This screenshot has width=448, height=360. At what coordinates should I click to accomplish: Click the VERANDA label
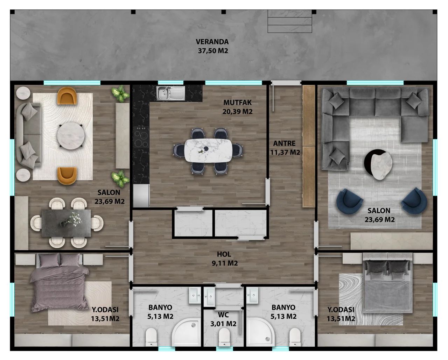point(212,42)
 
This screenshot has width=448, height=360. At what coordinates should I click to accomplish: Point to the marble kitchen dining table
point(208,150)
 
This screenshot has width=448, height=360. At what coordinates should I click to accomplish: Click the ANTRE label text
point(284,143)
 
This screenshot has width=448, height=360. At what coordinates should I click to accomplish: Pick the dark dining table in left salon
point(66,223)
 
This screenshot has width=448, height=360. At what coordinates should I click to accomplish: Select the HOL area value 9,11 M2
point(225,263)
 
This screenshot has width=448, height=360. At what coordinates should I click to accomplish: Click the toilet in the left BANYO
point(151,337)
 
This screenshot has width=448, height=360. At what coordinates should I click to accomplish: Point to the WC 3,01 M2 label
point(223,319)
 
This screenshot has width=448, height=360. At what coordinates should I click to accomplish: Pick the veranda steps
point(289,21)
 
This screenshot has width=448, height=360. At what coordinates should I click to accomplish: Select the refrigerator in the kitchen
point(141,196)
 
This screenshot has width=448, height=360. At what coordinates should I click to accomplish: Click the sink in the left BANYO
point(195,295)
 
